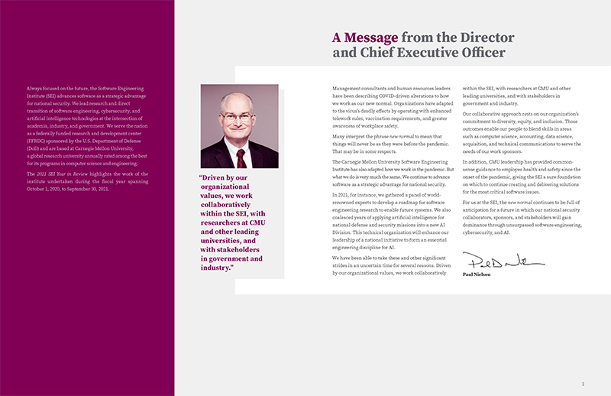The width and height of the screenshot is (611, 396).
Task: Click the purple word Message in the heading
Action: pyautogui.click(x=371, y=37)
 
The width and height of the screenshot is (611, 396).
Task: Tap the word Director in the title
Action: pyautogui.click(x=487, y=37)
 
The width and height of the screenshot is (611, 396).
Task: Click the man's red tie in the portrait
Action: pyautogui.click(x=241, y=157)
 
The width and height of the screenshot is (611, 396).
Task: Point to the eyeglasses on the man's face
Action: pyautogui.click(x=238, y=117)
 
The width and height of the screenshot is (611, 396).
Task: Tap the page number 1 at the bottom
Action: pyautogui.click(x=583, y=384)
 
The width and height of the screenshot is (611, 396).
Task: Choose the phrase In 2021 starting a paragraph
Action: pyautogui.click(x=341, y=195)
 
